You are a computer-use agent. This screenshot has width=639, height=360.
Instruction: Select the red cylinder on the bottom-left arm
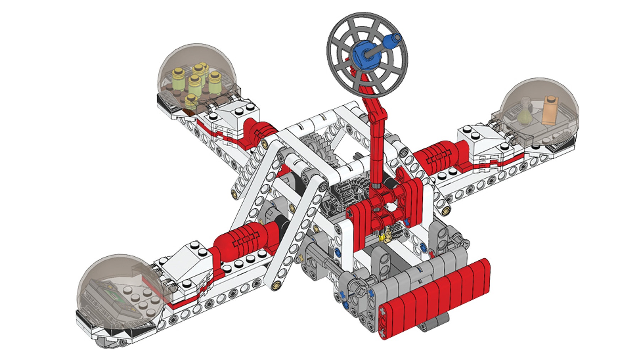(245, 240)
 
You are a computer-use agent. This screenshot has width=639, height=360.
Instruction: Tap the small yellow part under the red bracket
(383, 237)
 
